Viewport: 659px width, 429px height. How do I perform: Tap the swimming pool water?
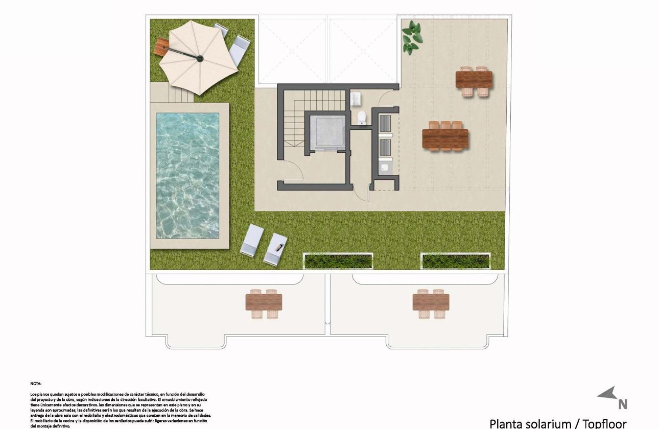(x=187, y=175)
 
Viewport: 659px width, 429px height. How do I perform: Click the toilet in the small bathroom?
(x=362, y=118)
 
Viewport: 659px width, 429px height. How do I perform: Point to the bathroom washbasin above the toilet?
(x=357, y=98)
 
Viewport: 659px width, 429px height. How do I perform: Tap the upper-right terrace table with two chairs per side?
(x=474, y=80)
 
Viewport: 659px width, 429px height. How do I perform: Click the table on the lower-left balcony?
(x=264, y=302)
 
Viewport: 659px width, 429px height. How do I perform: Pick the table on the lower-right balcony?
(x=431, y=302)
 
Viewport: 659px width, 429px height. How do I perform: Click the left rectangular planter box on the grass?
(x=338, y=261)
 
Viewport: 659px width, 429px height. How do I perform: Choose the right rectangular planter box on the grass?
(x=455, y=261)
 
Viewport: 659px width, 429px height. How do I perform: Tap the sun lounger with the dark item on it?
(x=276, y=248)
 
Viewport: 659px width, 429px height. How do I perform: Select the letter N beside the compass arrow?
(x=622, y=404)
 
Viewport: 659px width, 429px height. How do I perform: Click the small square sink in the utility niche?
(x=385, y=166)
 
